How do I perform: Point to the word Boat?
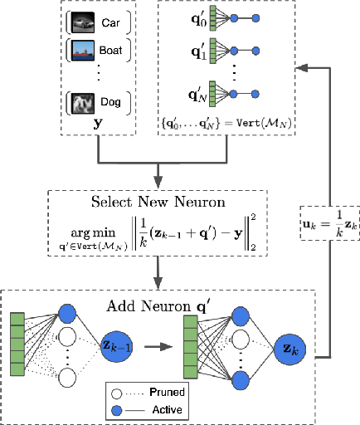click(112, 51)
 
